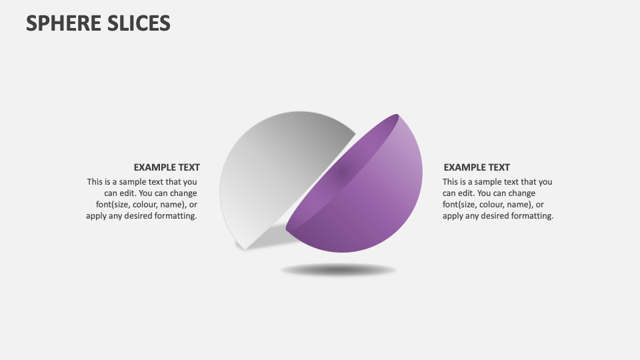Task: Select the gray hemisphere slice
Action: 273,167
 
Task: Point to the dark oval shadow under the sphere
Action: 339,270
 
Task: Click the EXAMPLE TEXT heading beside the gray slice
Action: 167,167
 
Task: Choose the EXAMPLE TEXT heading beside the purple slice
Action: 477,167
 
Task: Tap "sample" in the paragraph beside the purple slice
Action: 487,181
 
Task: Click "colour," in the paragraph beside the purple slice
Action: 496,205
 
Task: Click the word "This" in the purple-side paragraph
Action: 451,181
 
